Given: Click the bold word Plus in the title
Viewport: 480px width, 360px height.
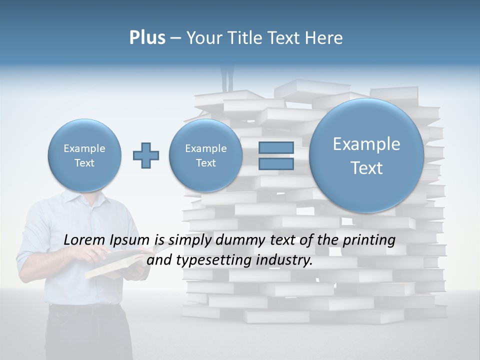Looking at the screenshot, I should click(x=147, y=38).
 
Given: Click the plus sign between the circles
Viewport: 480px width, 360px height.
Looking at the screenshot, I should click(x=146, y=155).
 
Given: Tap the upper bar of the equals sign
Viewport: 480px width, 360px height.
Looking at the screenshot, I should click(x=276, y=147).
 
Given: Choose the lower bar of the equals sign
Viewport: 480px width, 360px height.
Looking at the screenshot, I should click(x=276, y=164).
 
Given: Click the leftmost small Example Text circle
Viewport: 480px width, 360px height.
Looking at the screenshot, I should click(x=84, y=155).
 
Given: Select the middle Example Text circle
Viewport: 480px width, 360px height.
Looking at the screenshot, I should click(x=205, y=155).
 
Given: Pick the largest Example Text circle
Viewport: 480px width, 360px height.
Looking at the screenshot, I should click(x=366, y=155).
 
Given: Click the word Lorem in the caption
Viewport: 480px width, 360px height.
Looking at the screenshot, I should click(x=84, y=240).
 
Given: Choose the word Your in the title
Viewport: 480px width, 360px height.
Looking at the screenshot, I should click(x=205, y=38).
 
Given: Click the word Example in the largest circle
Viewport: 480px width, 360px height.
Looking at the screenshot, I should click(x=366, y=144).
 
